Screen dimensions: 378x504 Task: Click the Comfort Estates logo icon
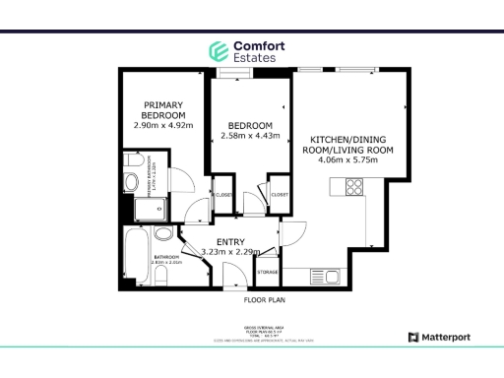coord(218,51)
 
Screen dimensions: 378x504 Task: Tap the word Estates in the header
coord(254,58)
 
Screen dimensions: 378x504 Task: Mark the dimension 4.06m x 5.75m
coord(351,161)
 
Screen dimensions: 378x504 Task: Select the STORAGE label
coord(267,272)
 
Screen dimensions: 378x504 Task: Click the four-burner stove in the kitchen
coord(353,187)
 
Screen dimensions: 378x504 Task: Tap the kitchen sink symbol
coord(324,275)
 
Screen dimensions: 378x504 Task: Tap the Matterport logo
coord(441,338)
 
